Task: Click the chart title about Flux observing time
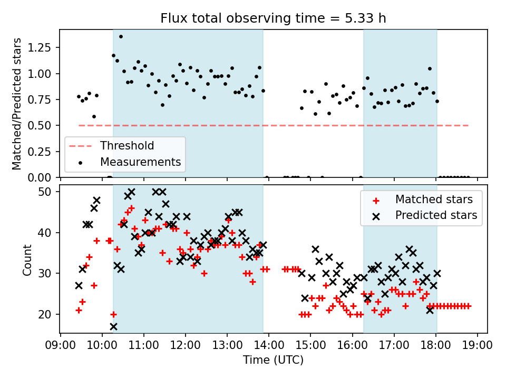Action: pos(273,18)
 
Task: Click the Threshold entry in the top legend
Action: pos(127,146)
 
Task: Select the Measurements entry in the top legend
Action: pos(141,162)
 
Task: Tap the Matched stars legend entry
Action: pos(434,200)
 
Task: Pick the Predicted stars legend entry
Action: pos(436,215)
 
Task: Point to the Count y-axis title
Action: pos(27,260)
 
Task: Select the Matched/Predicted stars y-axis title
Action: pos(17,104)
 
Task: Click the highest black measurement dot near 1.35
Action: pos(121,36)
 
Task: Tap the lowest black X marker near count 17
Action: pos(113,326)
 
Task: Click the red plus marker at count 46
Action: pos(131,208)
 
